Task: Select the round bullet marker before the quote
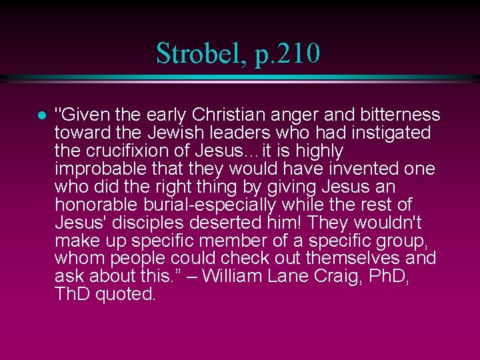click(x=41, y=115)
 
